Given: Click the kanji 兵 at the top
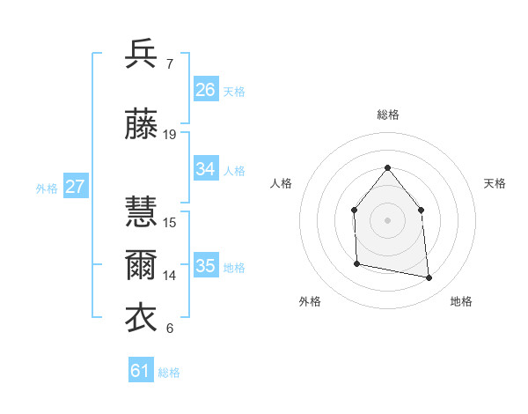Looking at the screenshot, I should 143,55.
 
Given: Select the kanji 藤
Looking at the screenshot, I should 143,125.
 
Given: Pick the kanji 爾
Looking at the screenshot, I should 143,266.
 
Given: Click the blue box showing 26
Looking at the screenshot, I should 206,89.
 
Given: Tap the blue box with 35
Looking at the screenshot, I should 206,266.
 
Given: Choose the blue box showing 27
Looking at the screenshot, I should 76,187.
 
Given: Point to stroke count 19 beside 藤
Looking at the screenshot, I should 170,135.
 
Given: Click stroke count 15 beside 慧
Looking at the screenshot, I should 170,223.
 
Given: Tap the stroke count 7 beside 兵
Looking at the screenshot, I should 169,64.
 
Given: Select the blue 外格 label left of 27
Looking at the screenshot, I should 47,188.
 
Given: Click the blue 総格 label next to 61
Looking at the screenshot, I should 169,373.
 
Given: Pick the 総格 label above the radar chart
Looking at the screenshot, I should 388,115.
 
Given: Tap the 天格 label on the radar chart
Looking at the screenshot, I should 495,183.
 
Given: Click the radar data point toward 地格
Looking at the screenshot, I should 429,278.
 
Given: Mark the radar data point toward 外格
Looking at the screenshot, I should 356,263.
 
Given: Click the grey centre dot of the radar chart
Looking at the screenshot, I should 388,219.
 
